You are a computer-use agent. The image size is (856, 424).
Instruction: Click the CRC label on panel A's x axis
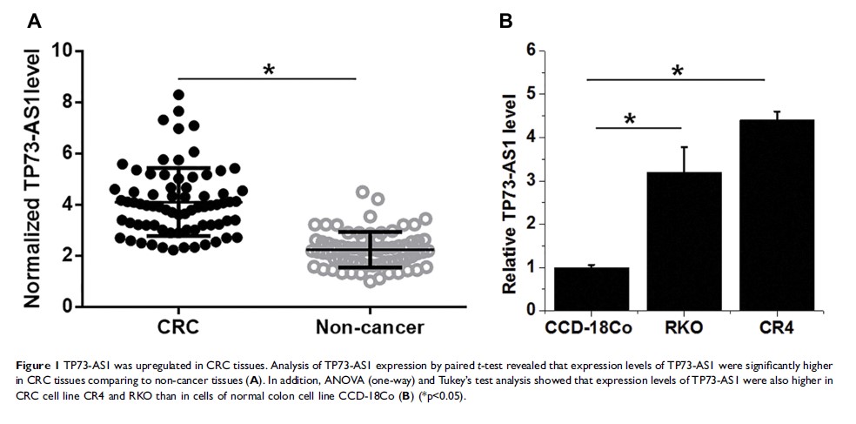[x=178, y=328]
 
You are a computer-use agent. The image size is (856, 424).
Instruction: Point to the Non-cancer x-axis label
[x=371, y=328]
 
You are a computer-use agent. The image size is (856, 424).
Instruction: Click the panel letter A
[x=34, y=22]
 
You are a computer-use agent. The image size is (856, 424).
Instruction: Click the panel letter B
[x=505, y=22]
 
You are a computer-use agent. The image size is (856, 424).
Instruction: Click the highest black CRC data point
[x=178, y=94]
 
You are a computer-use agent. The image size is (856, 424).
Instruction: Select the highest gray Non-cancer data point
[x=362, y=192]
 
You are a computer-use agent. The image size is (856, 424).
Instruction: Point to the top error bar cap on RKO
[x=684, y=147]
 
